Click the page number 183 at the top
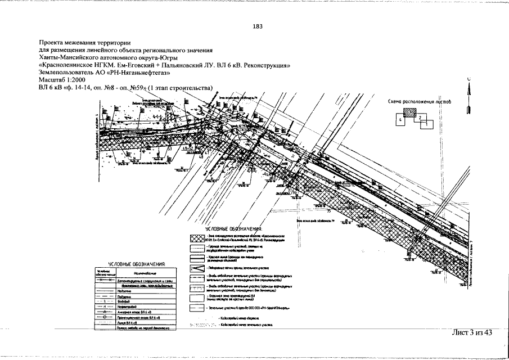point(258,26)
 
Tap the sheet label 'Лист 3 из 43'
point(472,332)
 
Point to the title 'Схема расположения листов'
point(420,102)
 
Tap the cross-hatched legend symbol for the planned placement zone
point(196,239)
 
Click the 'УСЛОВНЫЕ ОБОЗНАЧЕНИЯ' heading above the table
point(137,264)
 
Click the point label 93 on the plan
point(258,151)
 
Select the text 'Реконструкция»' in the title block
point(265,65)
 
